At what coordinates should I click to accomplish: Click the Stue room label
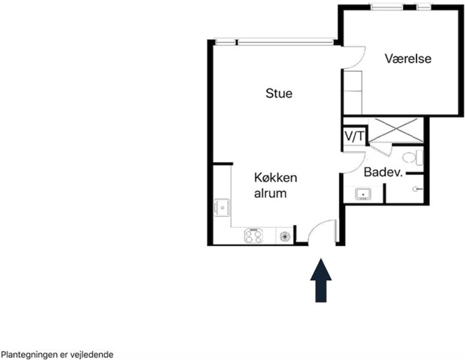(279, 93)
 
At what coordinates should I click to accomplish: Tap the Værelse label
(408, 58)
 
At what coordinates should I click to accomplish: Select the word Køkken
(275, 178)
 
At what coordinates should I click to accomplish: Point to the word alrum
(270, 193)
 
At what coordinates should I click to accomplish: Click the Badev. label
(383, 172)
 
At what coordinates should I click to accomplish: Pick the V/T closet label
(354, 136)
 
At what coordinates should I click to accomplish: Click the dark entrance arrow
(321, 280)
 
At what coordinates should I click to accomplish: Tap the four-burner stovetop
(253, 235)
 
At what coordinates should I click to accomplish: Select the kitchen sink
(222, 207)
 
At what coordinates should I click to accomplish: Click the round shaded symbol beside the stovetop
(284, 236)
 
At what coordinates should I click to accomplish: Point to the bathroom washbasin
(363, 194)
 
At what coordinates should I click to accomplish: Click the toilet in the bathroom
(412, 157)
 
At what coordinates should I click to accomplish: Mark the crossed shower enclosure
(395, 130)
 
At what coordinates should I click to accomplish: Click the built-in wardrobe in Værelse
(352, 92)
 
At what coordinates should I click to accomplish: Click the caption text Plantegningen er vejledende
(57, 355)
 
